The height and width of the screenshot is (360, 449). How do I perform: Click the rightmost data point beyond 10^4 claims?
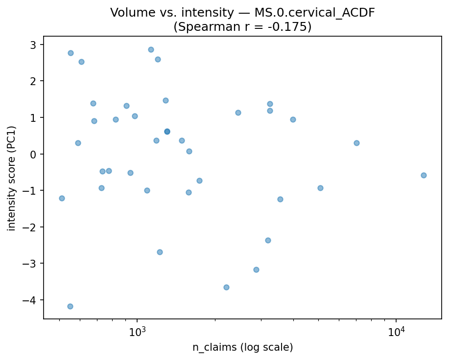coord(424,175)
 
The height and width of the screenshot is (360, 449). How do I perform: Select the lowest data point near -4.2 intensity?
coord(70,306)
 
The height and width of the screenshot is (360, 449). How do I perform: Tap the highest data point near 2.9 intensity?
coord(151,49)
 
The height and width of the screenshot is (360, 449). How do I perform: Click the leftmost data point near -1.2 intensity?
coord(62,198)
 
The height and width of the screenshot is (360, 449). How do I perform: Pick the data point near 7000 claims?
coord(356,143)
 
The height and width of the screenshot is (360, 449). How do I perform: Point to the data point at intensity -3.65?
coord(226,287)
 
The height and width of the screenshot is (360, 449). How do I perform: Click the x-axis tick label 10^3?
coord(137,332)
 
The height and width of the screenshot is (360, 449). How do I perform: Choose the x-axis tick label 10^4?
coord(396,332)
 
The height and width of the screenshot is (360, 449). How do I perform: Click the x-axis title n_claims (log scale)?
coord(242,348)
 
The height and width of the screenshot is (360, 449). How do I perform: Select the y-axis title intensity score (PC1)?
coord(12,178)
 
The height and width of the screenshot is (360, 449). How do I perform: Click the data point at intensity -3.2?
coord(256,270)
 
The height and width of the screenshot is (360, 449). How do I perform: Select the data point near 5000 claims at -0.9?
coord(320,188)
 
